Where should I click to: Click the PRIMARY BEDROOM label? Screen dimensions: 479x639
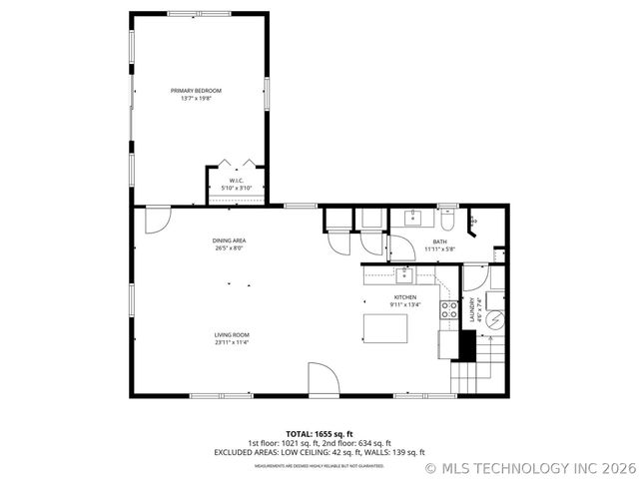196,91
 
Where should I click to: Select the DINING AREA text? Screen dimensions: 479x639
229,240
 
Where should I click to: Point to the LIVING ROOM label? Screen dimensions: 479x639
231,334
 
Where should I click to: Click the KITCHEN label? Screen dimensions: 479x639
404,297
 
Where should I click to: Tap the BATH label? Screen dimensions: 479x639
439,240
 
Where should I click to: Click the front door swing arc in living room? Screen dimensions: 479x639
322,379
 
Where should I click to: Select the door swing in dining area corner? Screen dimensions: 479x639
157,220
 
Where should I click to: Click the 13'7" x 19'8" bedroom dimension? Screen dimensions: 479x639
196,99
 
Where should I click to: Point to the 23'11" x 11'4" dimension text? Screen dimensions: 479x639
231,342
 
